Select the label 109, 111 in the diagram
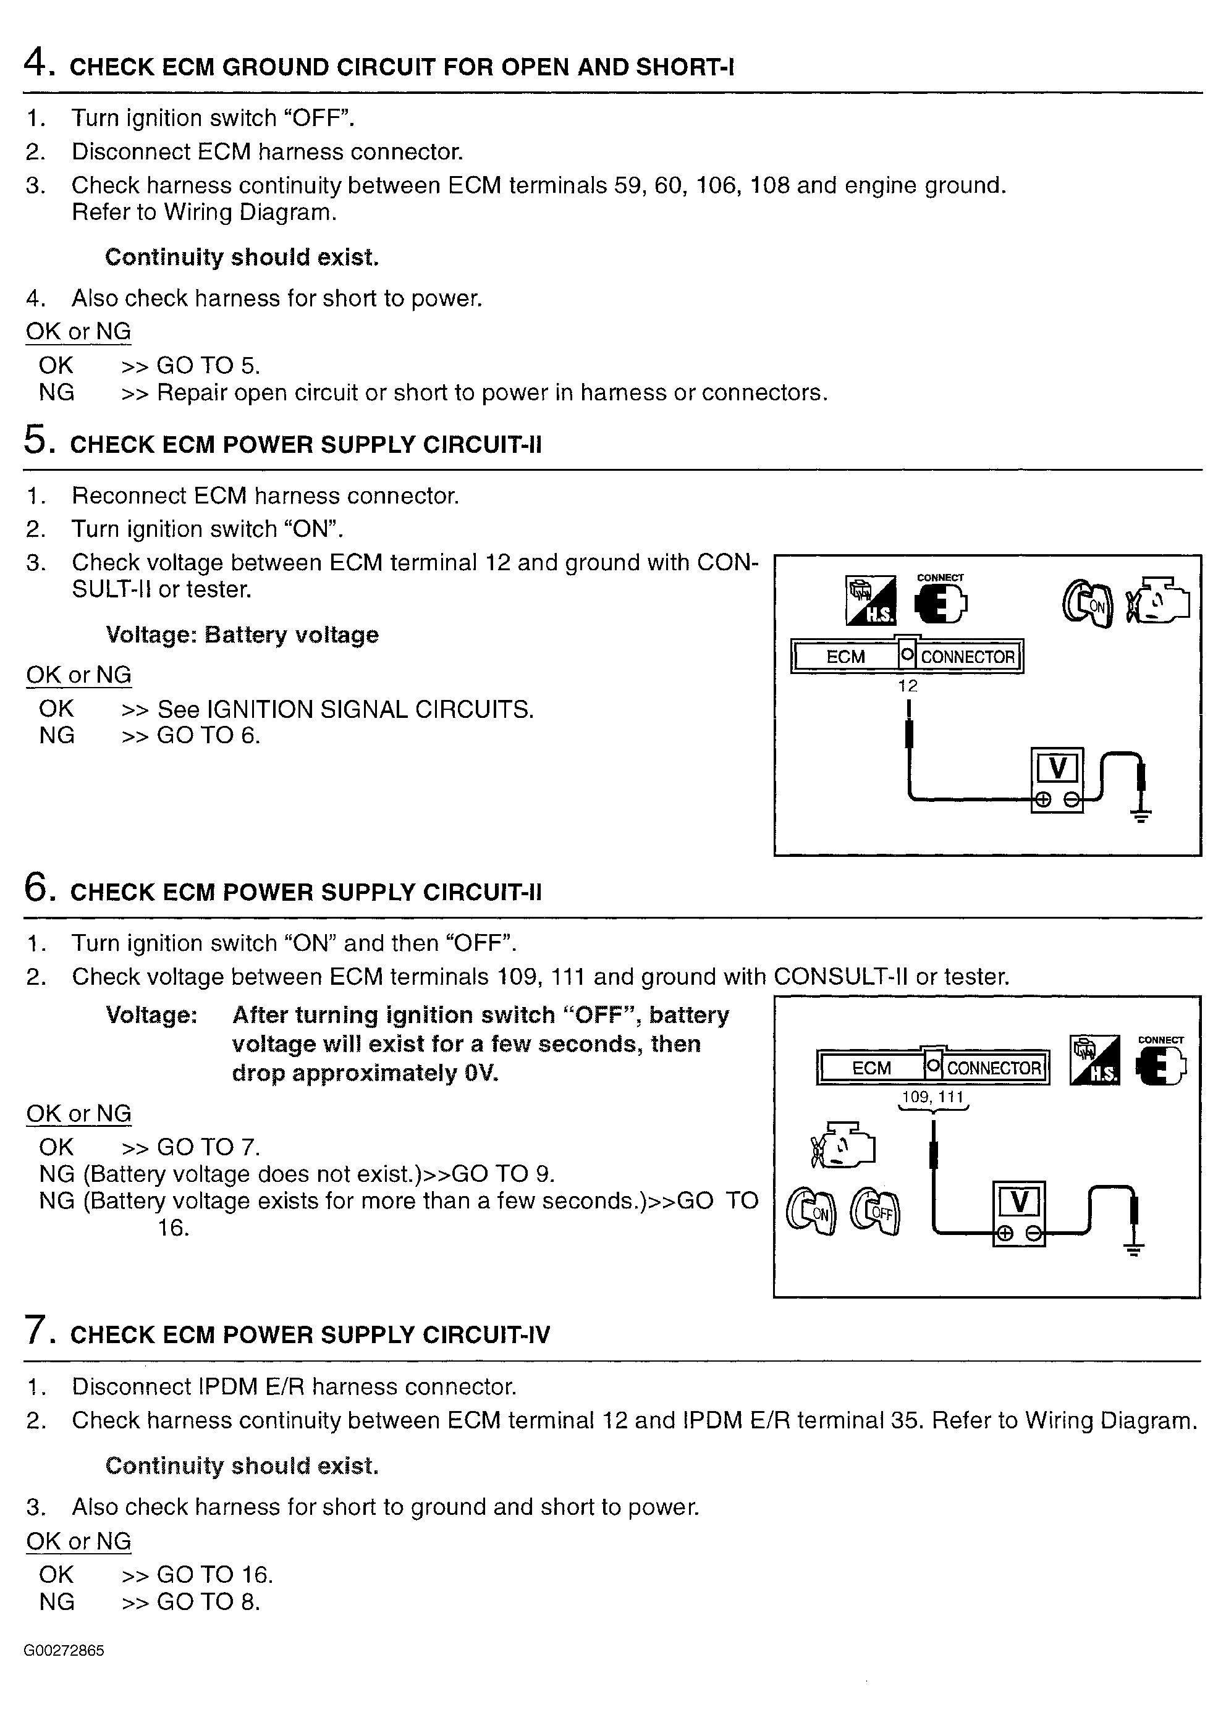[x=933, y=1097]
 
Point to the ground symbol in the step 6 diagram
[x=1133, y=1248]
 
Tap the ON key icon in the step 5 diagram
[x=1088, y=604]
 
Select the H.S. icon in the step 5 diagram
[x=871, y=601]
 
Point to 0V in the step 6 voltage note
[x=481, y=1073]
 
